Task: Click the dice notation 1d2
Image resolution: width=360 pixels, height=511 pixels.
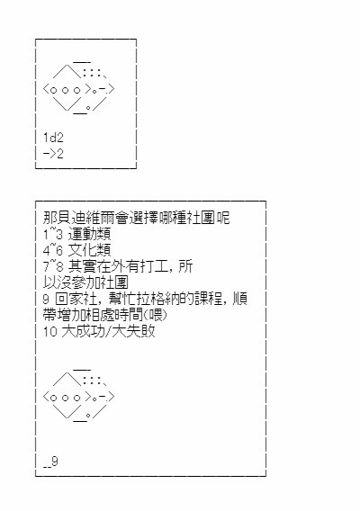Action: point(53,138)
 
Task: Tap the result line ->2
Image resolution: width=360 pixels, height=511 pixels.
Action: point(53,154)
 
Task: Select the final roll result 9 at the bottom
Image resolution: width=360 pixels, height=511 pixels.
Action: point(55,462)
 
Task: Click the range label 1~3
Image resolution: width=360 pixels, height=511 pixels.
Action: point(52,234)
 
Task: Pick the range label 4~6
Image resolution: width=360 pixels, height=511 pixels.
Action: point(52,250)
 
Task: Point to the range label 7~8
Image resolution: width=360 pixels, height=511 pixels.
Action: point(52,266)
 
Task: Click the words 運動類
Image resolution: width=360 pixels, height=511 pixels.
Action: point(90,234)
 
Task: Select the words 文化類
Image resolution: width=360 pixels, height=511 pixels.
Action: point(90,250)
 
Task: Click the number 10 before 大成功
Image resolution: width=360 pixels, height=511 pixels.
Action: point(50,331)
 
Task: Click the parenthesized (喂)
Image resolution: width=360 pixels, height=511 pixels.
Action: point(155,315)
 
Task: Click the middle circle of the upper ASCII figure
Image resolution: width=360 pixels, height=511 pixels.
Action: point(65,90)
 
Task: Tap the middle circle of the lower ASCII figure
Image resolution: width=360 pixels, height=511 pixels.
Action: point(65,398)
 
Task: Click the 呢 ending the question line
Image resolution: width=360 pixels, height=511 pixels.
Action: point(223,218)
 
